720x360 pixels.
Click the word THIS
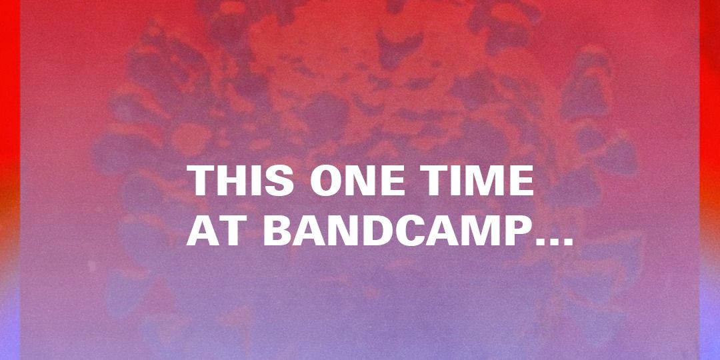[x=240, y=181]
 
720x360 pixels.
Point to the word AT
[x=215, y=231]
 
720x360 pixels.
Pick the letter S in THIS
[x=279, y=181]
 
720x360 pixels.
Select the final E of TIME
[x=521, y=181]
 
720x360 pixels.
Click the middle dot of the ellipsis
[x=554, y=241]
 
